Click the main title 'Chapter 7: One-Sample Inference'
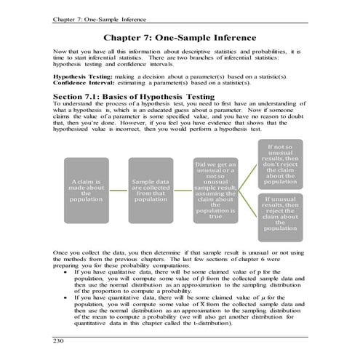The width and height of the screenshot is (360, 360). (x=180, y=36)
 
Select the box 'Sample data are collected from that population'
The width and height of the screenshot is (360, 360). (x=151, y=189)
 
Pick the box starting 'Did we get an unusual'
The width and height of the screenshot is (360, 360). (x=215, y=189)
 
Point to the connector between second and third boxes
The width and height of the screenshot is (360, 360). (x=183, y=189)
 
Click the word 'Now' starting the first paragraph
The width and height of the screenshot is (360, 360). (x=59, y=52)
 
